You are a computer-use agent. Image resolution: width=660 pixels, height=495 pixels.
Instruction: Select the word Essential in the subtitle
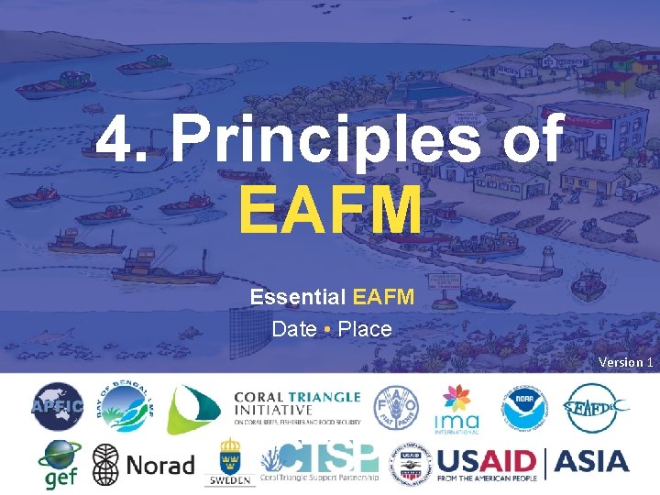coord(297,298)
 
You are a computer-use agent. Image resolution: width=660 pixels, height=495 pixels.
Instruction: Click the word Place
coord(365,328)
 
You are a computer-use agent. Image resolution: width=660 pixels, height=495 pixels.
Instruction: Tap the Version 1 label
coord(625,362)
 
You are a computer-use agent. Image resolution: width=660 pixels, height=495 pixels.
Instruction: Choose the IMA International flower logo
coord(456,407)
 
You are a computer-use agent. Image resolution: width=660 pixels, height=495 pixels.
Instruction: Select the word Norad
coord(160,464)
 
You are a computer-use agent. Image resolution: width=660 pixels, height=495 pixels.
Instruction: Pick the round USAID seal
coord(409,464)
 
